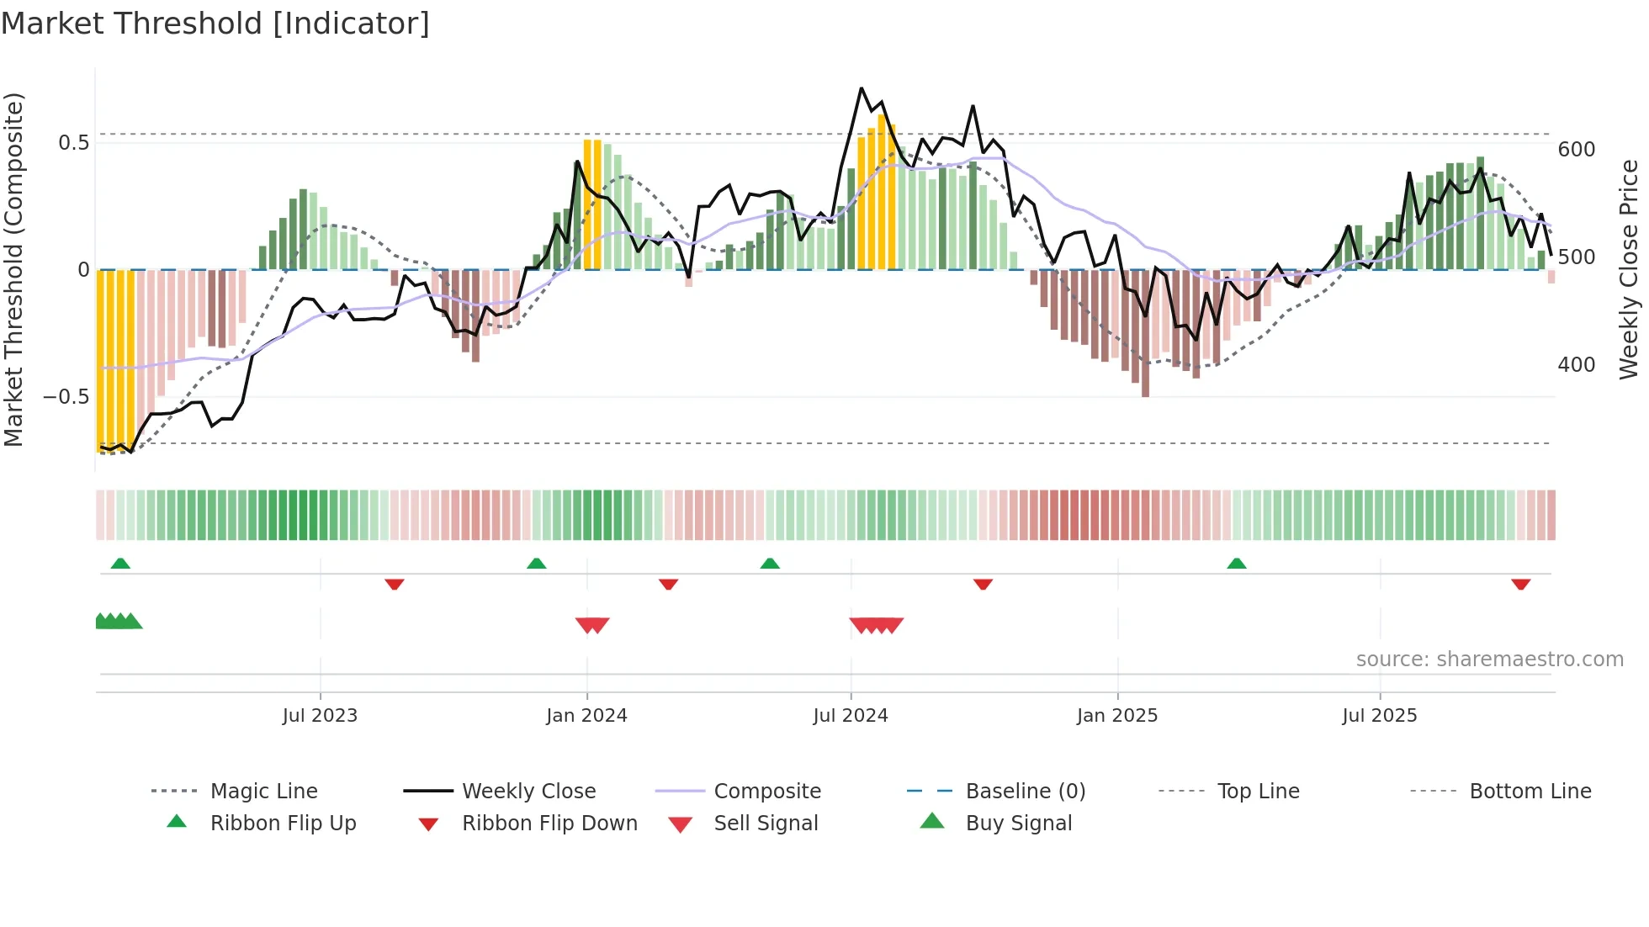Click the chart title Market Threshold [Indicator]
[x=215, y=24]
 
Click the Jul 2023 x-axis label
[x=320, y=716]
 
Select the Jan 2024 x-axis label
[x=586, y=716]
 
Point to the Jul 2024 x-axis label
[x=851, y=716]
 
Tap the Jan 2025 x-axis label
[x=1117, y=716]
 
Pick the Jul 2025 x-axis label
[x=1380, y=716]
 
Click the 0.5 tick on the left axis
[x=74, y=143]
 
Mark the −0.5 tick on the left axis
[x=66, y=397]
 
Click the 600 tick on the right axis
[x=1577, y=150]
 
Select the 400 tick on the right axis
[x=1577, y=365]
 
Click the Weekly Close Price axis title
[x=1629, y=269]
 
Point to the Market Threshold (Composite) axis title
[x=13, y=269]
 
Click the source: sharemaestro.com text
[x=1489, y=659]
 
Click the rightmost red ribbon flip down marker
[x=1520, y=584]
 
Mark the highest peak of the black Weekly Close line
[x=862, y=88]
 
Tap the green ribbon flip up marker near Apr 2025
[x=1236, y=564]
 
